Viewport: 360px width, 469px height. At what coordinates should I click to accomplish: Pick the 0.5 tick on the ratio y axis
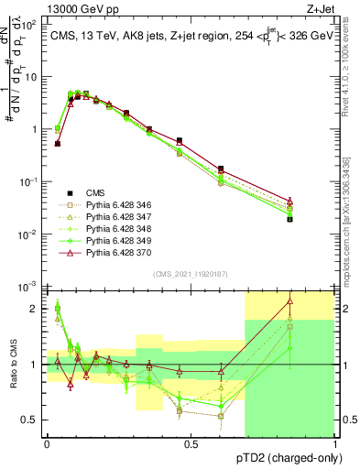(32, 420)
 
